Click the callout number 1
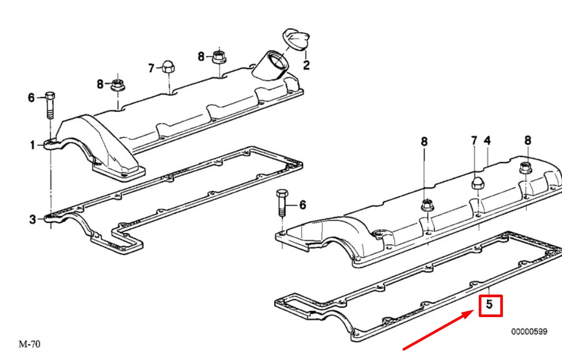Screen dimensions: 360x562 click(32, 145)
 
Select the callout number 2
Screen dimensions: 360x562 click(306, 65)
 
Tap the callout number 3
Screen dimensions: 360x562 click(32, 220)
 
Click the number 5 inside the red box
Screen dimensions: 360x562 click(490, 305)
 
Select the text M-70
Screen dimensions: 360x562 click(29, 344)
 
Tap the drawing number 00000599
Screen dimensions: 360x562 click(529, 331)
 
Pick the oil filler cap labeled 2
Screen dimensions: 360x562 click(295, 40)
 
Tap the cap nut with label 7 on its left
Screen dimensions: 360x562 click(168, 66)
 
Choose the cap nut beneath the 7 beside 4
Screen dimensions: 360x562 click(477, 184)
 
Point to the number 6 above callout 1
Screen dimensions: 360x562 click(31, 98)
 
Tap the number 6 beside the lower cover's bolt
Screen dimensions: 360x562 click(302, 205)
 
